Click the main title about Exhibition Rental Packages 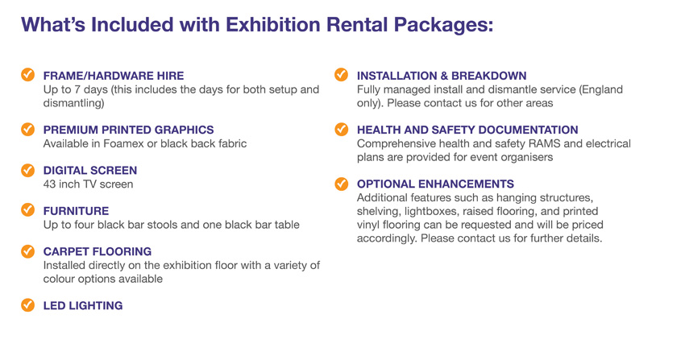click(x=257, y=25)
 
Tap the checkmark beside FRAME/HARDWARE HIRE click(x=27, y=75)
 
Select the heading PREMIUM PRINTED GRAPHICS click(x=128, y=130)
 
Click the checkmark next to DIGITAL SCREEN click(x=27, y=170)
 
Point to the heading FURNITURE click(x=76, y=211)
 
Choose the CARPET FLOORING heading click(x=98, y=251)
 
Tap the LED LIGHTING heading click(x=83, y=305)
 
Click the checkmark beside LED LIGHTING click(x=27, y=305)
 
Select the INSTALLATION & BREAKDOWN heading click(x=442, y=76)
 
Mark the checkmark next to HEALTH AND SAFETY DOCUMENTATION click(x=341, y=129)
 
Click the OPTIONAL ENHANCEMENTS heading click(x=435, y=184)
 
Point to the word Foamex click(x=123, y=143)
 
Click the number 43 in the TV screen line click(x=49, y=184)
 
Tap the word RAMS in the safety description click(x=546, y=143)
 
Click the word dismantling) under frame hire click(x=74, y=103)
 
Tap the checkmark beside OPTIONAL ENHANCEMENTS click(x=341, y=184)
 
